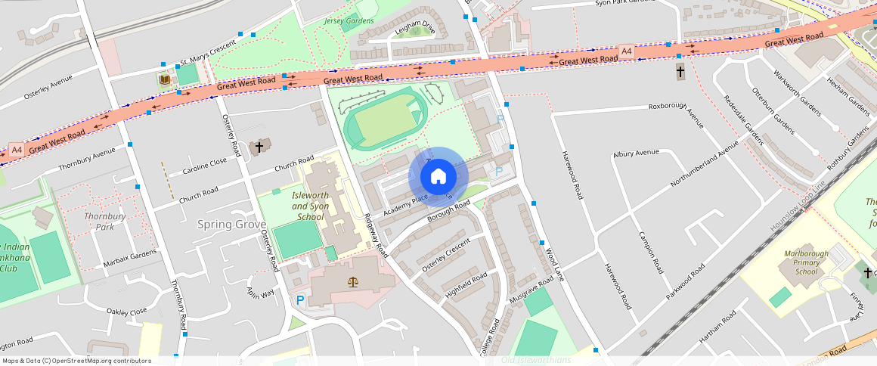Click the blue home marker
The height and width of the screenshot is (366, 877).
coord(438,176)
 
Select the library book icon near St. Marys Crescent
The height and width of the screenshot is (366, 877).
coord(165,79)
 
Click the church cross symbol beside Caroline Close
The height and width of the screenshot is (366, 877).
coord(259,146)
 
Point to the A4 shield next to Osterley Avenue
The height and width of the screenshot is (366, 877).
coord(17,149)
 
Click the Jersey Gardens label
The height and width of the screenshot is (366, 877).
coord(349,20)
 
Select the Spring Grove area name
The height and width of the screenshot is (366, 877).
coord(231,225)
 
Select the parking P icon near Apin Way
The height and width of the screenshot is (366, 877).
coord(300,299)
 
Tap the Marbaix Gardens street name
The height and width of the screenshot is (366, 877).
coord(129,259)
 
